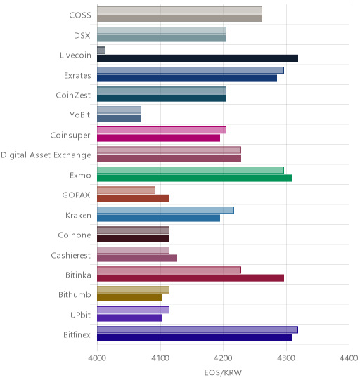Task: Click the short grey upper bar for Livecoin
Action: (x=101, y=51)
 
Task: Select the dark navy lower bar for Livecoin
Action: (x=198, y=58)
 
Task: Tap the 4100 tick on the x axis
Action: (x=160, y=358)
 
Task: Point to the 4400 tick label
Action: (x=349, y=358)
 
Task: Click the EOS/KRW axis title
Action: (x=223, y=373)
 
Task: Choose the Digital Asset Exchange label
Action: (x=46, y=155)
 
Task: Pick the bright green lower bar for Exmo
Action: (x=194, y=178)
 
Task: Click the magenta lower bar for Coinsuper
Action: (x=158, y=138)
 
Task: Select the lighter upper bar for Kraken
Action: (x=165, y=210)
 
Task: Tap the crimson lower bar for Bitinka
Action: (x=191, y=278)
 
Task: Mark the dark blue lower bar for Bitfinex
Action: (x=194, y=338)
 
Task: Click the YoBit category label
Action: (x=80, y=115)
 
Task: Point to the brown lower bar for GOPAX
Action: (x=133, y=198)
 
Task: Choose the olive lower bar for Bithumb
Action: (x=130, y=298)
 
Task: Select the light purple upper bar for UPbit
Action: (x=133, y=310)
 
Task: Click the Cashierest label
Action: (x=71, y=255)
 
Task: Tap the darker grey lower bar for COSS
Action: (x=179, y=18)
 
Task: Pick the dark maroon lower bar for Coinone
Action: (x=133, y=238)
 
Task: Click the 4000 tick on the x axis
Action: (x=97, y=358)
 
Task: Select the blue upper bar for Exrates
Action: (x=191, y=70)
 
